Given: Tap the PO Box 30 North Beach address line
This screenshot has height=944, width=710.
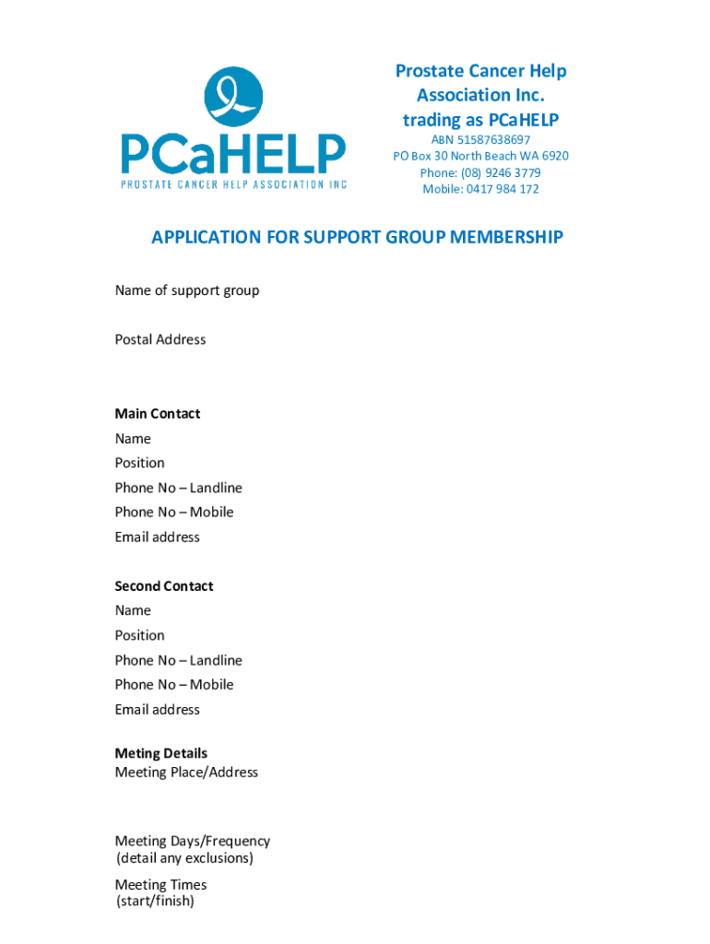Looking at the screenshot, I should tap(480, 156).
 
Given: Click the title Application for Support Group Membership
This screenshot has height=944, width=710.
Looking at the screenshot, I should tap(357, 238).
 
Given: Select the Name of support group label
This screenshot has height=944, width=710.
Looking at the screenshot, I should tap(187, 290).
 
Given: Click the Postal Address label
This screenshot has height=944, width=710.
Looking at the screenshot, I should tap(160, 339).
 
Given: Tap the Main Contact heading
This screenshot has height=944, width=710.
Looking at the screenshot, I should tap(158, 414).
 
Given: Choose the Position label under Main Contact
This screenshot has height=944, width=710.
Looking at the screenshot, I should tap(140, 463).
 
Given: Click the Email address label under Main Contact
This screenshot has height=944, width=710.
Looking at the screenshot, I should tap(158, 537).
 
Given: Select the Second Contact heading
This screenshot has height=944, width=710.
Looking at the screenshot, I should tap(164, 586).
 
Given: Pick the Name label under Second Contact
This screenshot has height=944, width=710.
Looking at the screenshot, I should tap(133, 610).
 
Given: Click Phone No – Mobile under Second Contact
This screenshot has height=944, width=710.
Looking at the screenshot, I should tap(174, 684).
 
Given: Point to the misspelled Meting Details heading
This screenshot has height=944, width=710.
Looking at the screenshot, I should tap(161, 753).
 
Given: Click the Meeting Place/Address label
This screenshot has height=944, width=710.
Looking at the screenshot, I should tap(186, 772).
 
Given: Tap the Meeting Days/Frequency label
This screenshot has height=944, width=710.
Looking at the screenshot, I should tap(193, 841).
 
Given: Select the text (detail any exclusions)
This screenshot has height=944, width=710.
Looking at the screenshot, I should tap(184, 858).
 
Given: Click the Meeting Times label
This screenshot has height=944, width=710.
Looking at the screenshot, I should tap(161, 885).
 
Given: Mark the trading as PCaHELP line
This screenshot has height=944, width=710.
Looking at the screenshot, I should tap(480, 120).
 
